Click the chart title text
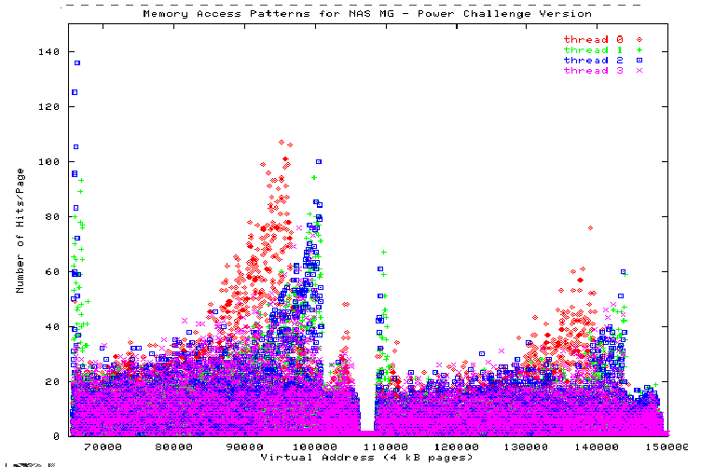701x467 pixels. (366, 14)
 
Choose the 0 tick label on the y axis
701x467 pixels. (57, 435)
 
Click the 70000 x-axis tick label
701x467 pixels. (103, 447)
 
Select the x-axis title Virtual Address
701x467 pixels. (366, 458)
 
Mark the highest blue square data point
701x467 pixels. (77, 62)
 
